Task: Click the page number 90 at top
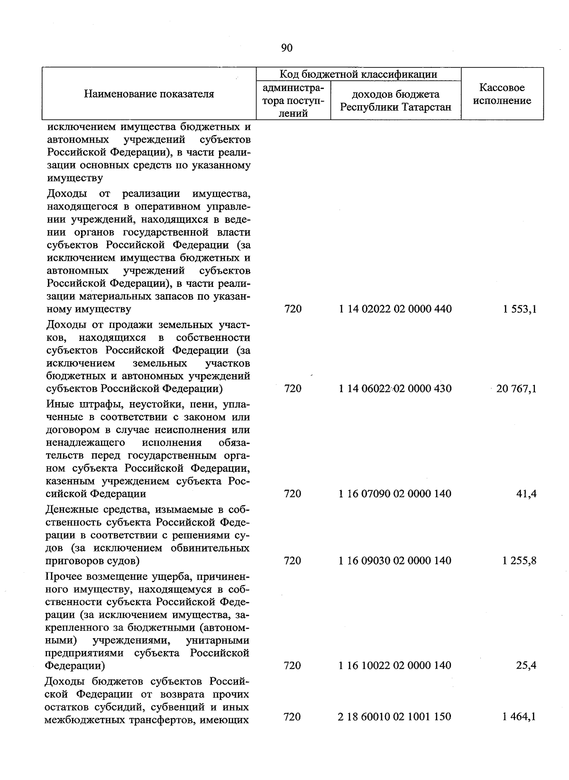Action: click(x=287, y=48)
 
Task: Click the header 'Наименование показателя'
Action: click(x=149, y=94)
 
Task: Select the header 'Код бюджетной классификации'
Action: click(x=358, y=74)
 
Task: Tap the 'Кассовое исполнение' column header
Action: click(x=502, y=94)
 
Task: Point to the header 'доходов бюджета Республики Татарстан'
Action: click(x=395, y=101)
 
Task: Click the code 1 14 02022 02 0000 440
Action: click(x=395, y=309)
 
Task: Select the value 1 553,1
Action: click(x=519, y=309)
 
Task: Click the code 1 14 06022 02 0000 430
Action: click(x=395, y=389)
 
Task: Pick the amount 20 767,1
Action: click(x=516, y=389)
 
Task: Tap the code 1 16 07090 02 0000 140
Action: click(x=395, y=494)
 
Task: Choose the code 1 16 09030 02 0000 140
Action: click(x=395, y=560)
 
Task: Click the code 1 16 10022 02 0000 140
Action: click(x=395, y=665)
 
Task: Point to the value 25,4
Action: click(x=526, y=665)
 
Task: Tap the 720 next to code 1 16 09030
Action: click(x=293, y=560)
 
